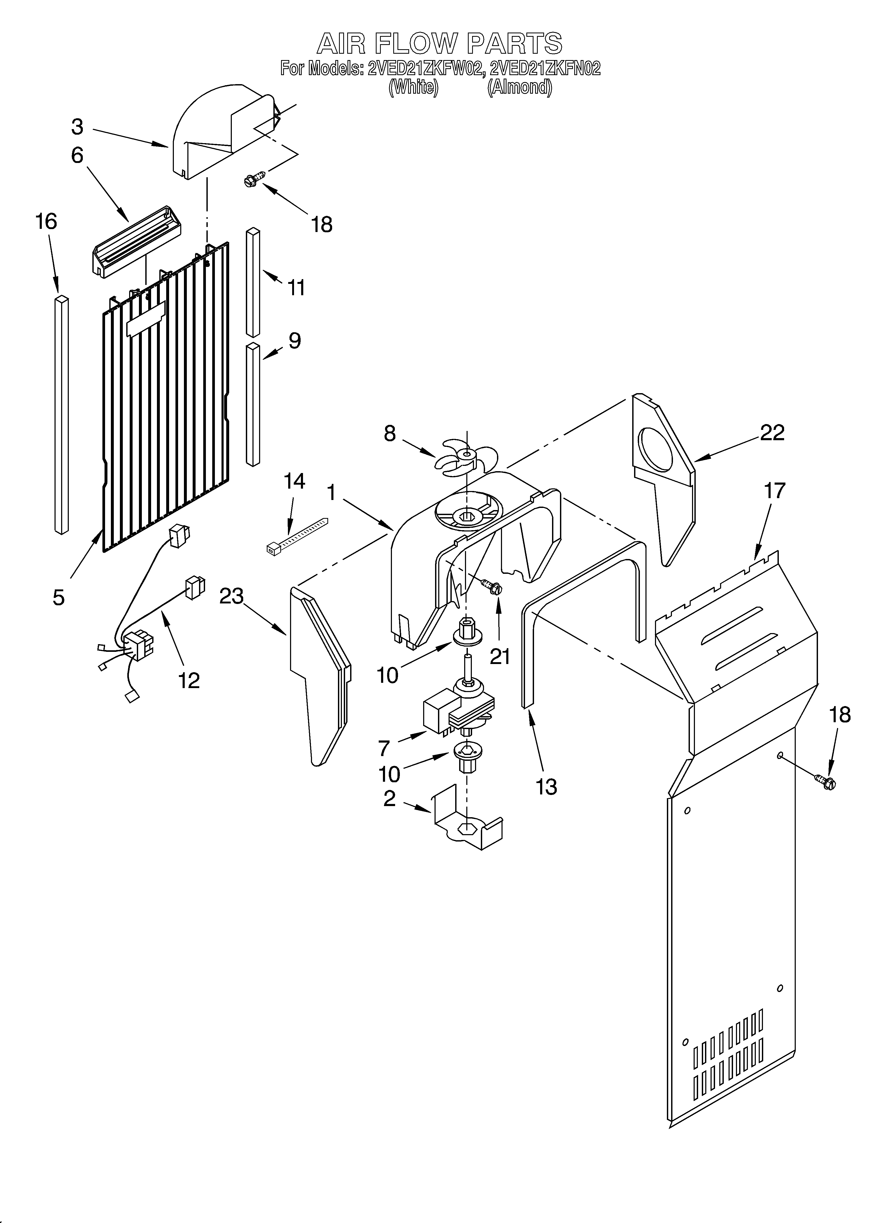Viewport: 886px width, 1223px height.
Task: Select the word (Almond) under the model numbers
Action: click(520, 87)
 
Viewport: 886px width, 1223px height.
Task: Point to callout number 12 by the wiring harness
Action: click(189, 680)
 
